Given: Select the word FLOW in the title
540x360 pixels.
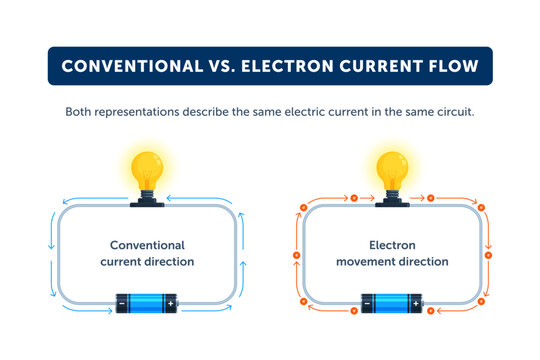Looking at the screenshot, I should coord(452,66).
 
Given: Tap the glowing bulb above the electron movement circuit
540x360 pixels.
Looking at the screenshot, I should coord(392,169).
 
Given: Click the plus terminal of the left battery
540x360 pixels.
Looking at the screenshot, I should coord(170,302).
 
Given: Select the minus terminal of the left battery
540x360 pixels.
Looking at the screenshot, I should coord(122,302).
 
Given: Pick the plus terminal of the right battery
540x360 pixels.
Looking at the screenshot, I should coord(415,302).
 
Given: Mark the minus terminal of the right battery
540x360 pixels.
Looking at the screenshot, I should coord(367,302).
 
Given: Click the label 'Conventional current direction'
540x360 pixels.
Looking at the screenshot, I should coord(147,253).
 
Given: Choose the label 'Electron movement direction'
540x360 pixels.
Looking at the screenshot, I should coord(392,253).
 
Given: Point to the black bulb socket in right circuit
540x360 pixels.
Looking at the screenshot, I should coord(392,202).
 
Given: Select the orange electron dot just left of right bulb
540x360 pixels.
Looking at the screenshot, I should coord(352,198).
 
